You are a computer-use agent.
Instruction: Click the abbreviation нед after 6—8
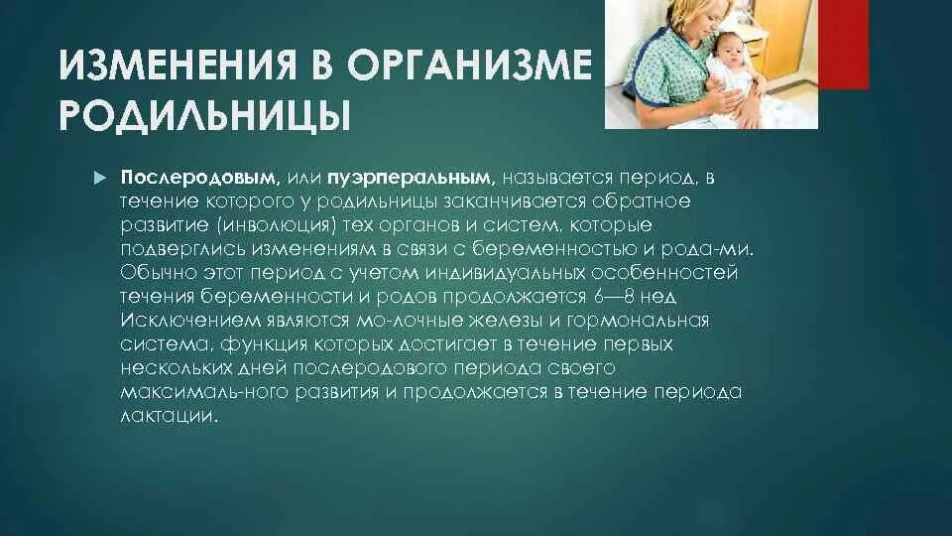(661, 297)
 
